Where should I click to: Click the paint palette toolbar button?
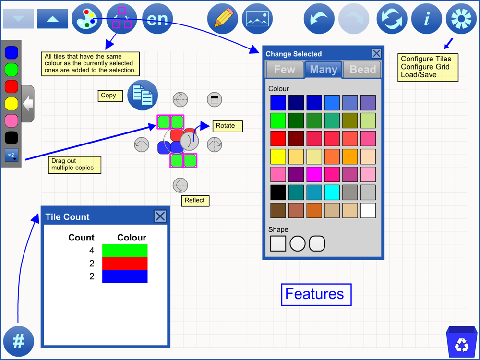(87, 19)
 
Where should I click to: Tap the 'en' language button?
(157, 19)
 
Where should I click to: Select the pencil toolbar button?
(223, 19)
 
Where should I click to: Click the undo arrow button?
(319, 19)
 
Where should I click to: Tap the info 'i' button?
(426, 19)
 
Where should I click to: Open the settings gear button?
(461, 19)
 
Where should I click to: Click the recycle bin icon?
(462, 342)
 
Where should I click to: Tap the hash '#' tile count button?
(19, 341)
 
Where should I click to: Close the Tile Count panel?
(160, 216)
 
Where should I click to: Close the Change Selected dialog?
(376, 53)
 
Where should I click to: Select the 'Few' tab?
(285, 70)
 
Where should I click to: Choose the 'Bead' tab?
(362, 70)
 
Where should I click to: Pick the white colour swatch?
(368, 210)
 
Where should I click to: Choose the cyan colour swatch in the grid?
(332, 192)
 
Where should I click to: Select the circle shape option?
(298, 243)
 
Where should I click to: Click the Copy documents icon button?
(143, 95)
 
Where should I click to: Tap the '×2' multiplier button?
(12, 155)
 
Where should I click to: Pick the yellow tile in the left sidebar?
(12, 104)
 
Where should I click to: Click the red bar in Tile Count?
(125, 263)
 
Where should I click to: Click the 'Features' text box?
(316, 295)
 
